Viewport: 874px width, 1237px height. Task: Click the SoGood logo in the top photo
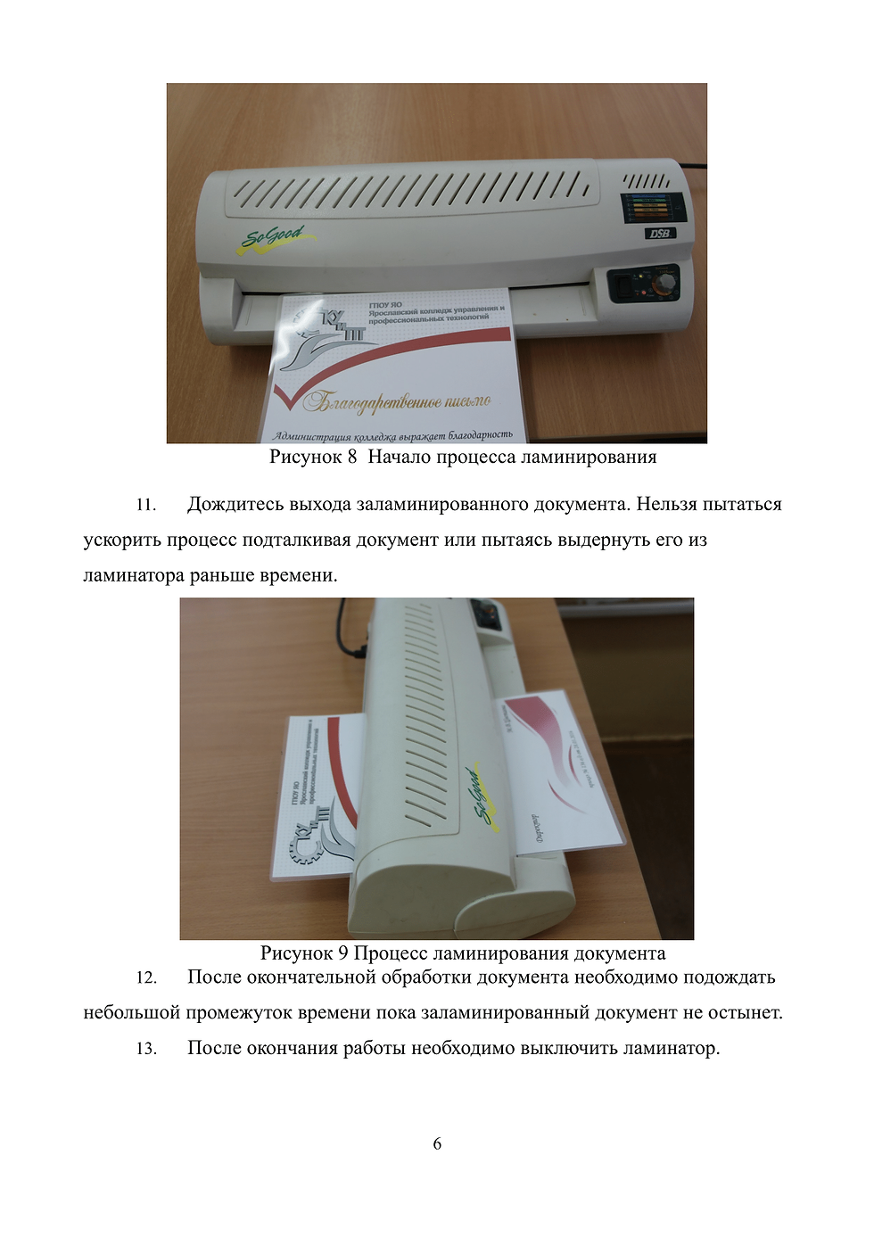click(275, 238)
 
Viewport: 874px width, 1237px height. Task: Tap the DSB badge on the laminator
click(660, 234)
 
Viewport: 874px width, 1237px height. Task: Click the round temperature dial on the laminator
click(664, 285)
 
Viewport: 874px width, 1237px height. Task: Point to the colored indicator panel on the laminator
click(653, 208)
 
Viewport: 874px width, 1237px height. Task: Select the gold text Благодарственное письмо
click(397, 402)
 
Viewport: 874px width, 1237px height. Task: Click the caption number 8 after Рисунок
click(352, 458)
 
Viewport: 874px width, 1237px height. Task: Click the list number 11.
click(145, 506)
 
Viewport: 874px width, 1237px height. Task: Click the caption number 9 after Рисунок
click(342, 953)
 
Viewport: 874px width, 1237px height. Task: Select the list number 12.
click(146, 978)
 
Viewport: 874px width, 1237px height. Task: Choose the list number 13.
click(146, 1050)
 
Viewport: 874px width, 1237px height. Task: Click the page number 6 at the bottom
click(437, 1144)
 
